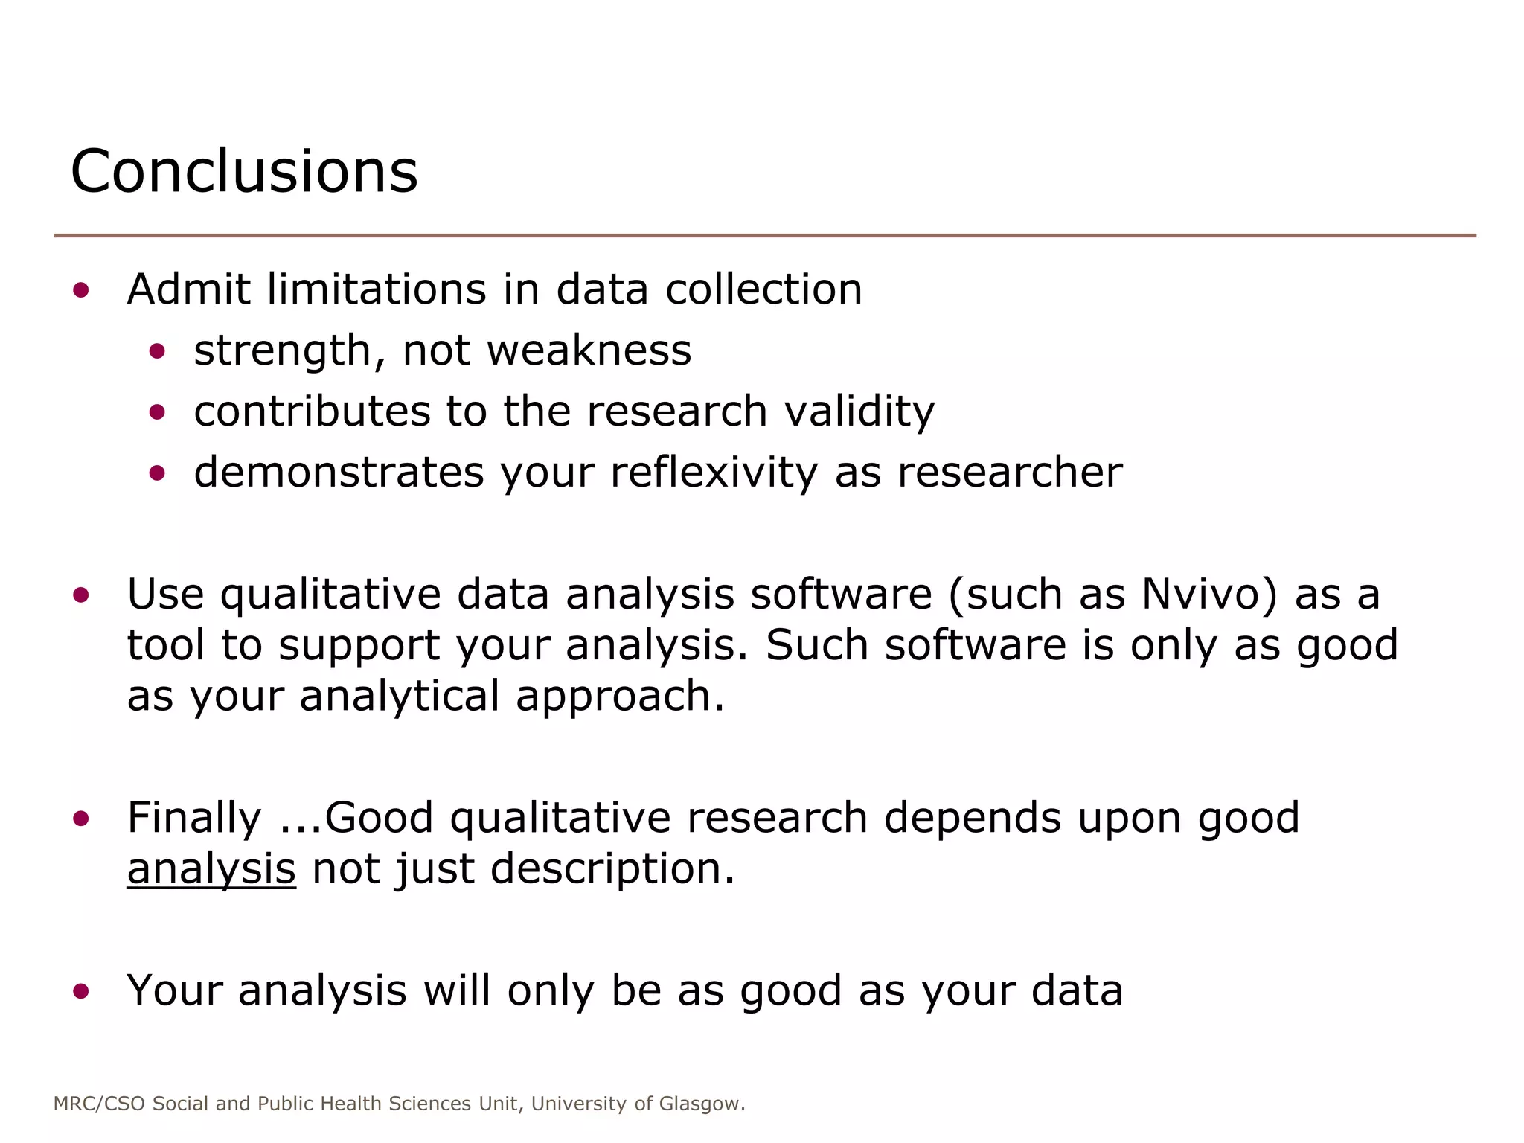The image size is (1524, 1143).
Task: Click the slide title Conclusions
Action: click(x=244, y=172)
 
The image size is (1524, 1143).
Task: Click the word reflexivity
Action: click(x=714, y=473)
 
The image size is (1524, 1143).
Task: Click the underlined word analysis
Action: click(x=211, y=868)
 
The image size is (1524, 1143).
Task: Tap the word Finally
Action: click(x=194, y=818)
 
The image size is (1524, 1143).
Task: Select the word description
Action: click(x=612, y=868)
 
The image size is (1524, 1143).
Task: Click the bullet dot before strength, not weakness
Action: click(x=156, y=350)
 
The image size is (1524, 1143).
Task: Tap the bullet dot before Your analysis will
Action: click(x=81, y=990)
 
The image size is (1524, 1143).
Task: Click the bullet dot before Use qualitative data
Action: click(x=81, y=595)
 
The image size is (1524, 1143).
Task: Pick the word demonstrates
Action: click(x=339, y=473)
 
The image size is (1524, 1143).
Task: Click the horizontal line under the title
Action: click(x=765, y=236)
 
